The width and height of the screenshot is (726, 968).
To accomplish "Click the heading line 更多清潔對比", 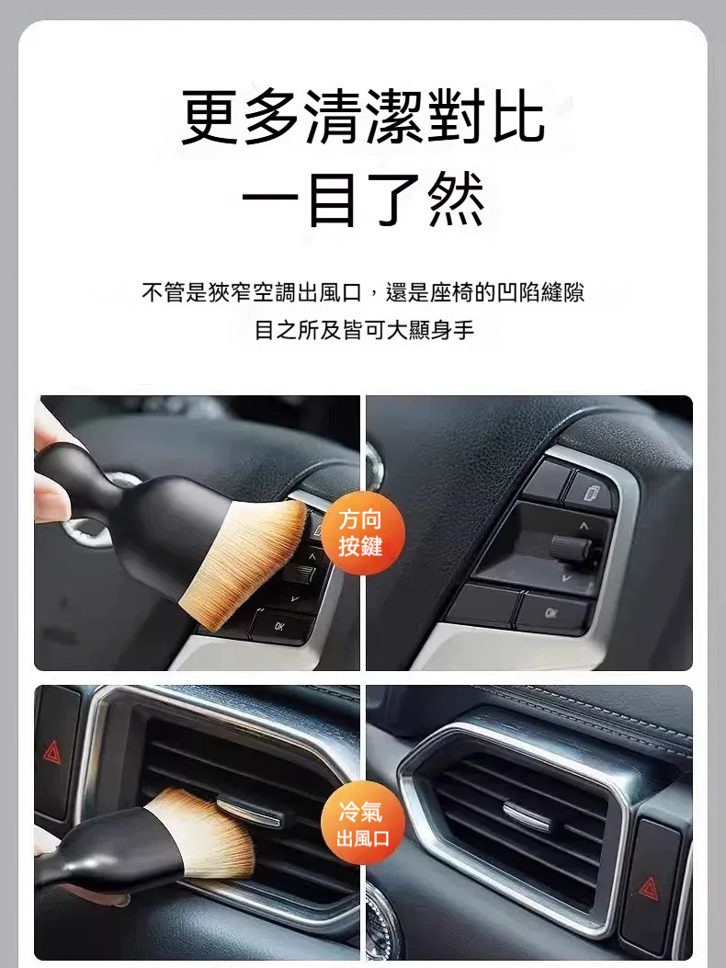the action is pos(363,117).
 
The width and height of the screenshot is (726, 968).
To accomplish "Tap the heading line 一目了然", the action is pos(363,199).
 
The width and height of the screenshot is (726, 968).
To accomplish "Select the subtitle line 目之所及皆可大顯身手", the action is pos(364,330).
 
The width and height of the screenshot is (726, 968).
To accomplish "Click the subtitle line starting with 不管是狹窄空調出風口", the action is pos(363,292).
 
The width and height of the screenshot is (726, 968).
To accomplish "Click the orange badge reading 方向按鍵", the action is pos(362,533).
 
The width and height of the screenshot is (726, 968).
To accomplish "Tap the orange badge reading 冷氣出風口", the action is pos(362,824).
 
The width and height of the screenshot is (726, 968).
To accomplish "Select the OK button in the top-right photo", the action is pos(552,613).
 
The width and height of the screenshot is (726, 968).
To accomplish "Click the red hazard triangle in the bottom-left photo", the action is pos(51,752).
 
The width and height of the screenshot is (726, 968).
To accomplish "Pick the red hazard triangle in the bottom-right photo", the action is pos(650,888).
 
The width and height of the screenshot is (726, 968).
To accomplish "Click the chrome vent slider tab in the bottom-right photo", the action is pos(526,815).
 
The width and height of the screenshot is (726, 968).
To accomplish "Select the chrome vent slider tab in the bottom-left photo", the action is pos(250,811).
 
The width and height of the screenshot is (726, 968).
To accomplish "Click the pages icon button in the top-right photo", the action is pos(591,492).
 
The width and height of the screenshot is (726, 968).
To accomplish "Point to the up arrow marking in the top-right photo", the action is pos(584,526).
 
